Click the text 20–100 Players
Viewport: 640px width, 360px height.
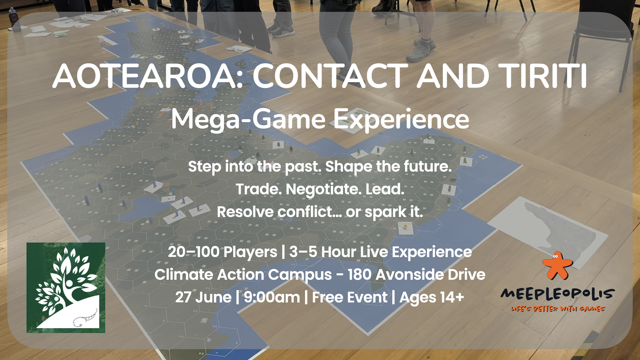coord(222,252)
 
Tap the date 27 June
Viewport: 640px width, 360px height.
coord(203,297)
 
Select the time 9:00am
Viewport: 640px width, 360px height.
coord(272,297)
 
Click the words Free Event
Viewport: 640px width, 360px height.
coord(350,297)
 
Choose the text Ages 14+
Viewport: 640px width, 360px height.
coord(432,297)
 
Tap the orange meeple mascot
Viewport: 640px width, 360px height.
coord(557,266)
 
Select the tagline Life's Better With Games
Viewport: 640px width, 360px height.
coord(558,309)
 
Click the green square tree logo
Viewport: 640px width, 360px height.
coord(66,288)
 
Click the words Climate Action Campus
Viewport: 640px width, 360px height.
coord(243,274)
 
